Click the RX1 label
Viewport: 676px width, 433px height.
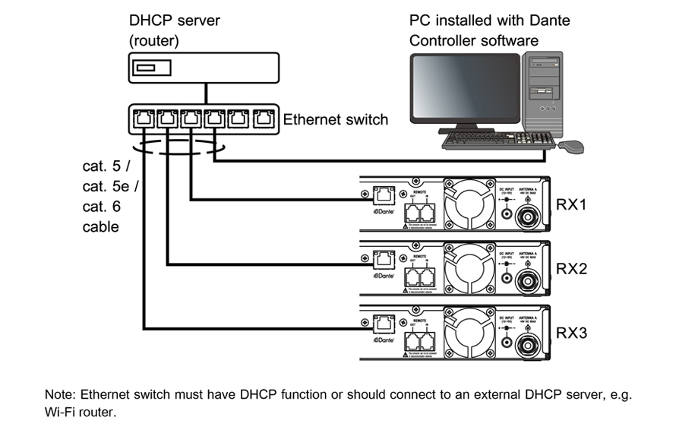point(570,205)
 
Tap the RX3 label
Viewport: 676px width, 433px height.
point(570,333)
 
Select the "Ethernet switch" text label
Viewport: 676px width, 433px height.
point(335,119)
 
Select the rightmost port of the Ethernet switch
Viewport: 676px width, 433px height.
point(264,119)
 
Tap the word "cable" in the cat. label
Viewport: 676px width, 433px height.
point(100,227)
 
